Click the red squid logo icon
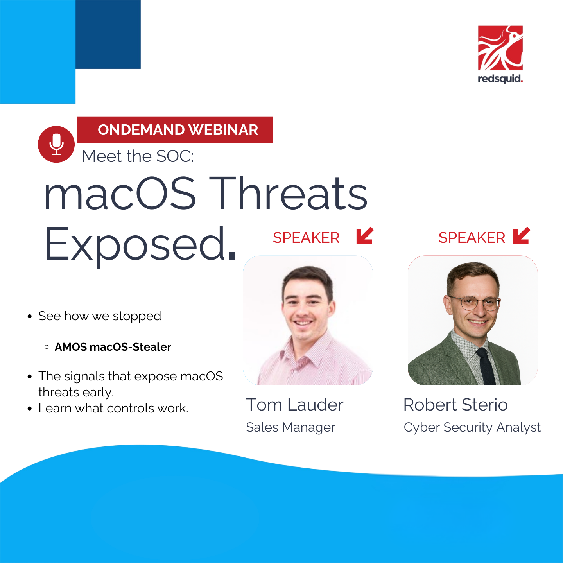[500, 48]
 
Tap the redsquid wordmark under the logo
[500, 79]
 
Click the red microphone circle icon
[56, 144]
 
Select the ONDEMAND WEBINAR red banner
[175, 130]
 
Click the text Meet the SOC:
[138, 156]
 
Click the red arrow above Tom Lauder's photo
[365, 236]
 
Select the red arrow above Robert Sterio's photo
[521, 236]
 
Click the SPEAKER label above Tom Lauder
[306, 238]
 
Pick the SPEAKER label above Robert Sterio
[472, 238]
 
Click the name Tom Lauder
[295, 405]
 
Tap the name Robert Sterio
[455, 405]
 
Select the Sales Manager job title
[290, 427]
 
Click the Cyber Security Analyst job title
[472, 427]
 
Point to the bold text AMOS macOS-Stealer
[113, 347]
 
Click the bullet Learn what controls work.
[113, 408]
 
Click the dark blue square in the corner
[108, 34]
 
